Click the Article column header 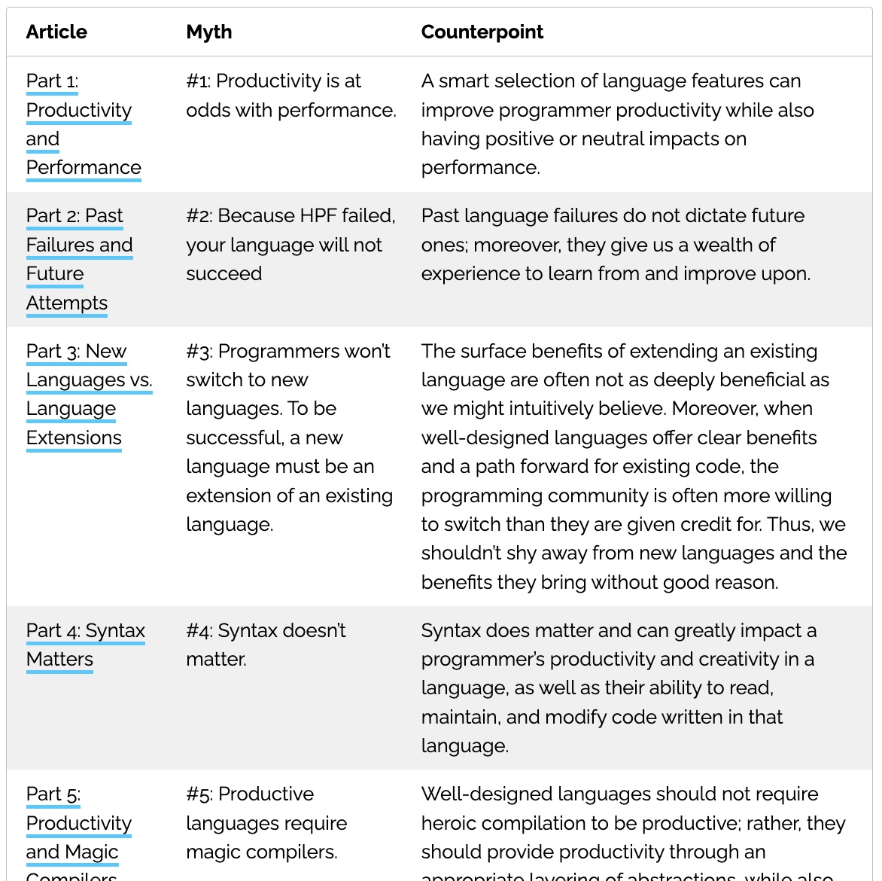click(x=56, y=32)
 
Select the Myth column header click(x=209, y=32)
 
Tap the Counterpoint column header click(x=482, y=32)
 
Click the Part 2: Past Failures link click(x=79, y=245)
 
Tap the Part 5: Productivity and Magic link click(x=78, y=823)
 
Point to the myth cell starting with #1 click(x=290, y=96)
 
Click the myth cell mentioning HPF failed click(x=290, y=245)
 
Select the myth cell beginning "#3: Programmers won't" click(x=289, y=437)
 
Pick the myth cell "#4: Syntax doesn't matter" click(x=266, y=645)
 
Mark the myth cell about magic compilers click(x=266, y=823)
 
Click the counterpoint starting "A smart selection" click(x=617, y=124)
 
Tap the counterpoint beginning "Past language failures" click(x=616, y=245)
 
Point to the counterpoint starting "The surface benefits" click(x=634, y=466)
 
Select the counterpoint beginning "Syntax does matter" click(x=618, y=687)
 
